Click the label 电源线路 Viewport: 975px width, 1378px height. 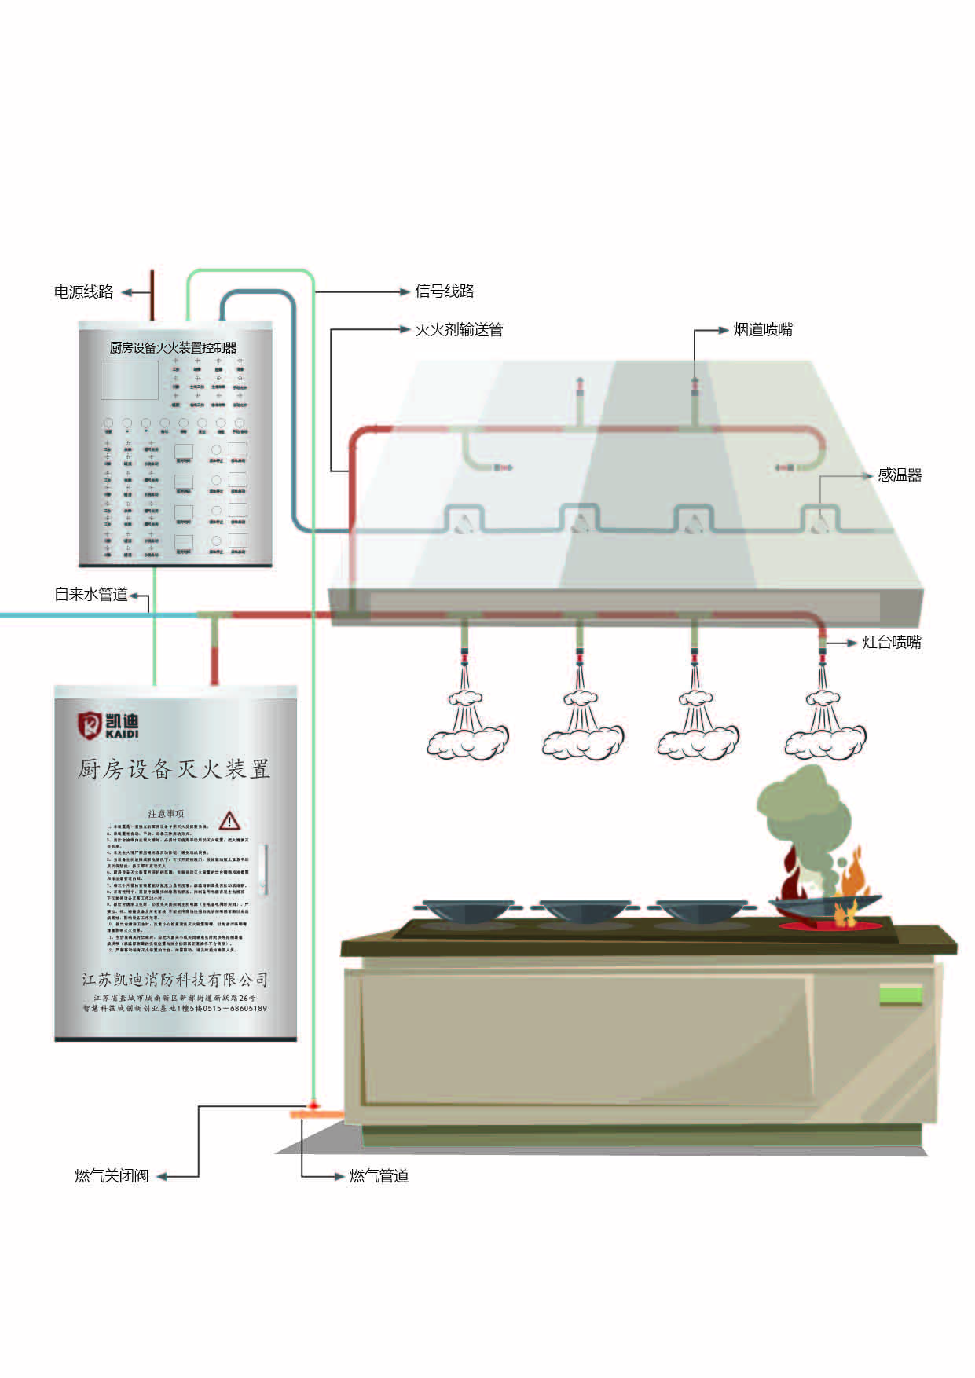point(83,292)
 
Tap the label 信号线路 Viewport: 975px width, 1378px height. point(445,291)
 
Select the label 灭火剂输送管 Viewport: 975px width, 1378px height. point(459,330)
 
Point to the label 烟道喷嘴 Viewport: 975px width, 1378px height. point(763,330)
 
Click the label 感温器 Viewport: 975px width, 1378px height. point(900,475)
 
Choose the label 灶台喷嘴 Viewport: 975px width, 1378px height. point(892,643)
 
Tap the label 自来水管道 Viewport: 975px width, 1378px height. point(91,595)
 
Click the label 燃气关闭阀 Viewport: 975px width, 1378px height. point(112,1176)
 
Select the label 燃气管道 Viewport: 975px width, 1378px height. point(379,1176)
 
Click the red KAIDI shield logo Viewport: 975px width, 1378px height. point(90,724)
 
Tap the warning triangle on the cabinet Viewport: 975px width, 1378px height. point(229,821)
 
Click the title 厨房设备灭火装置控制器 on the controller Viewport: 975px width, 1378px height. point(173,348)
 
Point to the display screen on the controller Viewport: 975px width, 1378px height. point(130,381)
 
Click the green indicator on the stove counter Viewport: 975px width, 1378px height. point(900,995)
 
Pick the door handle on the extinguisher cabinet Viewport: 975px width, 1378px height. point(266,870)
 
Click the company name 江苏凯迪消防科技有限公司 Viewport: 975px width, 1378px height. point(175,980)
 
